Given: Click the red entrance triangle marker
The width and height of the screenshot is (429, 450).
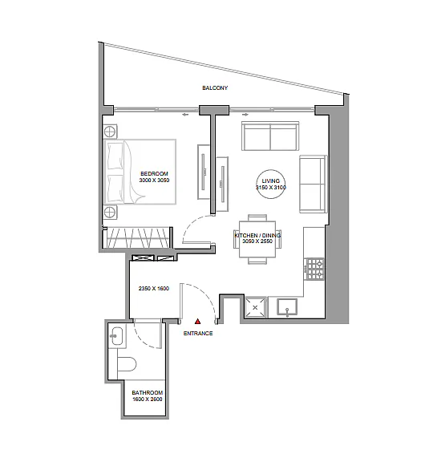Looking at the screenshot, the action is point(197,321).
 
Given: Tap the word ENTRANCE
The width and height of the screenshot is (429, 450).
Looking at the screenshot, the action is point(198,333).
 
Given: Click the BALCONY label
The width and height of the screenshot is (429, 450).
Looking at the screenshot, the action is point(215,87).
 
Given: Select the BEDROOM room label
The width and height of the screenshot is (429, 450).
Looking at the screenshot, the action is point(154,173).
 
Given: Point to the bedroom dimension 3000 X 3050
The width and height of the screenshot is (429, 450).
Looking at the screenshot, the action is point(154,180).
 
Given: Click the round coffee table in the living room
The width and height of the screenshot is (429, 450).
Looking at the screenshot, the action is point(271,184).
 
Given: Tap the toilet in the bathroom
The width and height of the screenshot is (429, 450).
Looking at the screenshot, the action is point(127,365).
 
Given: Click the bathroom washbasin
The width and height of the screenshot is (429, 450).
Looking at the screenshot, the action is point(117,335).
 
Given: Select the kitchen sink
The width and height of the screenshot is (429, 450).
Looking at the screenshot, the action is point(287,307).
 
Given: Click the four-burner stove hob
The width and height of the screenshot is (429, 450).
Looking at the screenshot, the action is point(315,269).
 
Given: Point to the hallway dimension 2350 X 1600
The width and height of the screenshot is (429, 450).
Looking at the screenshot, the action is point(154,289).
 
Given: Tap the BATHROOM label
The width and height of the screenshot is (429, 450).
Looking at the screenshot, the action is point(148,392).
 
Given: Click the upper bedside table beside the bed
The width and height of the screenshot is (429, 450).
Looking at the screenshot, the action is point(110,132).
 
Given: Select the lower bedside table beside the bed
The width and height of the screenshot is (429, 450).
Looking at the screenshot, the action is point(110,212).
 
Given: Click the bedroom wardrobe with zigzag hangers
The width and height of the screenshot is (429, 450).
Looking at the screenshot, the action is point(137,238).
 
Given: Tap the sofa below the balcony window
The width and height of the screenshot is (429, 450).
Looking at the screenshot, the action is point(270,136).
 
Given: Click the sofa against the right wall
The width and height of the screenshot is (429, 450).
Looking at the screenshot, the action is point(314,184).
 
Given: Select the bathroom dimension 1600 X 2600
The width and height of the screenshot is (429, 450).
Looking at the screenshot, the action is point(148,399).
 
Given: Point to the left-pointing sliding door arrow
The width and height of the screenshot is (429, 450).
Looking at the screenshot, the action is point(185,115).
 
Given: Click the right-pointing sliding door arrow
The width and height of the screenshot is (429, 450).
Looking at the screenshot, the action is point(246,115).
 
